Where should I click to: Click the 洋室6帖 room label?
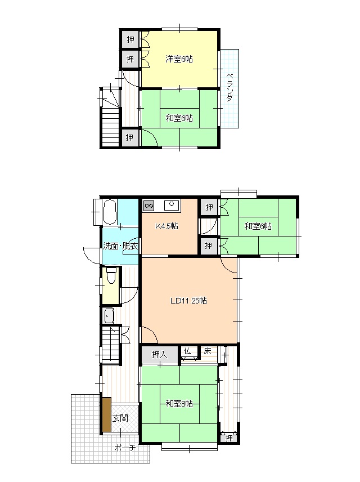point(179,59)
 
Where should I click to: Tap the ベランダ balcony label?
point(229,87)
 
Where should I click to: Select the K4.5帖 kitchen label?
point(166,226)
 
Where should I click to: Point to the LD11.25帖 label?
point(188,301)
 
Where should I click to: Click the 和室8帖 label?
point(179,403)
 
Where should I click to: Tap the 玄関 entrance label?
point(120,418)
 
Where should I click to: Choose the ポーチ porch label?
point(125,448)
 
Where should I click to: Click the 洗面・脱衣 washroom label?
point(120,246)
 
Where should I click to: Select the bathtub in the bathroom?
point(109,212)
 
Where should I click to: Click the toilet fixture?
point(111,276)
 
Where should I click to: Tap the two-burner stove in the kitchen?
point(148,206)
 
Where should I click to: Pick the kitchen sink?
point(172,205)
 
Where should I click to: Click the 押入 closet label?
point(159,355)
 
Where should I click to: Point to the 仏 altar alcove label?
point(187,351)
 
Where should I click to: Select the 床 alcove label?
point(208,351)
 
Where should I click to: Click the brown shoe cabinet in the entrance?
point(106,414)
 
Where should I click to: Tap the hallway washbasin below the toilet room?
point(109,315)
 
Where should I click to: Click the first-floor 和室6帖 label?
point(258,226)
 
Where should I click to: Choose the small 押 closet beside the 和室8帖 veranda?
point(229,438)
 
